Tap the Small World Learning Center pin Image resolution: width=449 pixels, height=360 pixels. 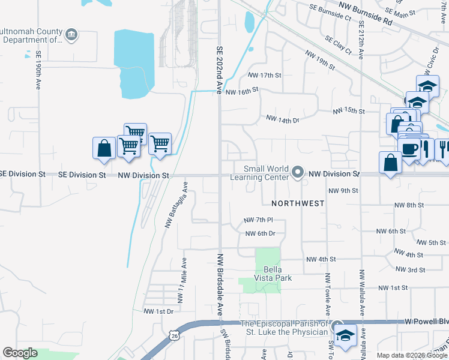(x=297, y=173)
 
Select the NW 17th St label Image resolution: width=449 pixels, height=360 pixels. (x=265, y=75)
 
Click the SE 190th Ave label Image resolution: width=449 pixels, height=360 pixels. (x=37, y=70)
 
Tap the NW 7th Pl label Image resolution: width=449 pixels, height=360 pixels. (x=259, y=220)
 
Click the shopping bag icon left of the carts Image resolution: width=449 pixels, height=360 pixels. (x=104, y=148)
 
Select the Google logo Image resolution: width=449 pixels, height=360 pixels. (x=20, y=353)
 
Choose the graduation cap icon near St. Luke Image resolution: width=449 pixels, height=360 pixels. (x=346, y=335)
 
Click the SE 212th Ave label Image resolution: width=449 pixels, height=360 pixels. (x=361, y=40)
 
